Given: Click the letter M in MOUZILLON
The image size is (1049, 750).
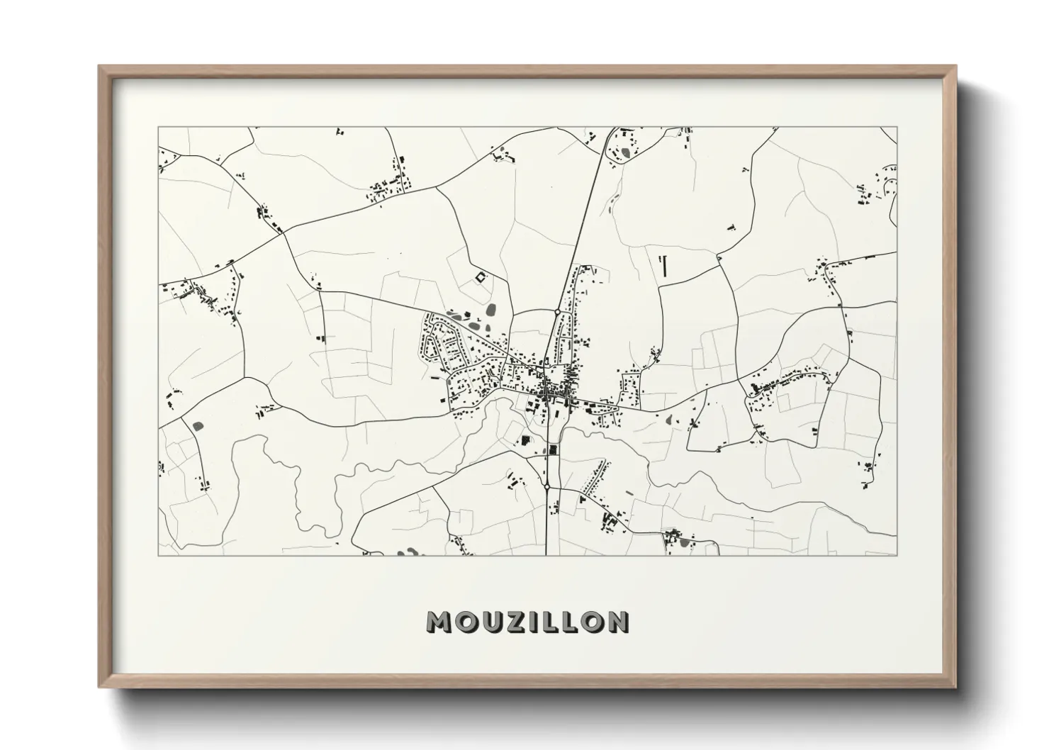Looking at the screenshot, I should [439, 622].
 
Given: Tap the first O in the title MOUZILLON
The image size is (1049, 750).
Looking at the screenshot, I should [464, 622].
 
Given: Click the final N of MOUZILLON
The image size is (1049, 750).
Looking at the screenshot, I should [617, 622].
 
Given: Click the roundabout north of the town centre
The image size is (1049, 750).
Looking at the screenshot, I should [557, 311].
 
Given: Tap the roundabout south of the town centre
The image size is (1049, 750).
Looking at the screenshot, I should [547, 486].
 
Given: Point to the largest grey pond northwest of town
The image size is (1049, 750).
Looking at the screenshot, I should [490, 310].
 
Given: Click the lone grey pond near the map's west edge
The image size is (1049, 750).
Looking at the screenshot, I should [196, 426].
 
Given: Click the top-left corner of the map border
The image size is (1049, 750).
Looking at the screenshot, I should [159, 128].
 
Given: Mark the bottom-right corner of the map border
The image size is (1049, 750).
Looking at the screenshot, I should [897, 555].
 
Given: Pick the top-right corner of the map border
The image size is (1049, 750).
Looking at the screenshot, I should [897, 128].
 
